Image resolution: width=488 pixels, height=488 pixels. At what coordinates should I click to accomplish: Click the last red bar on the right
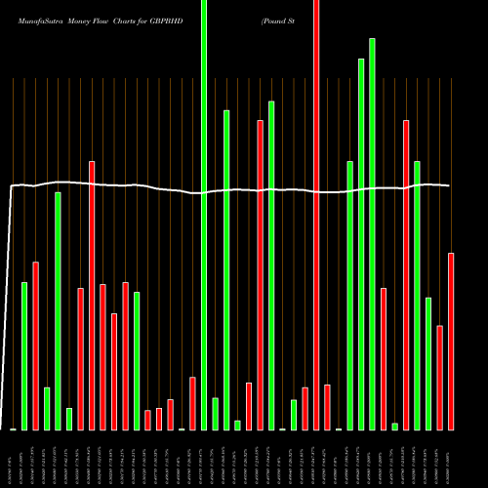pos(451,341)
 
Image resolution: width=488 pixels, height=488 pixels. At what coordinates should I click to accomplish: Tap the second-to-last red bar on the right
pos(440,377)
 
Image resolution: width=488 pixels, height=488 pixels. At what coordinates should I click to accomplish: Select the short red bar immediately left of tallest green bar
pos(193,402)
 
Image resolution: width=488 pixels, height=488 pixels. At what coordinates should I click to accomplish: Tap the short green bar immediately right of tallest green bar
pos(216,413)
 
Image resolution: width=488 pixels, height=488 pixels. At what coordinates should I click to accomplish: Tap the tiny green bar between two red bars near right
pos(395,426)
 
